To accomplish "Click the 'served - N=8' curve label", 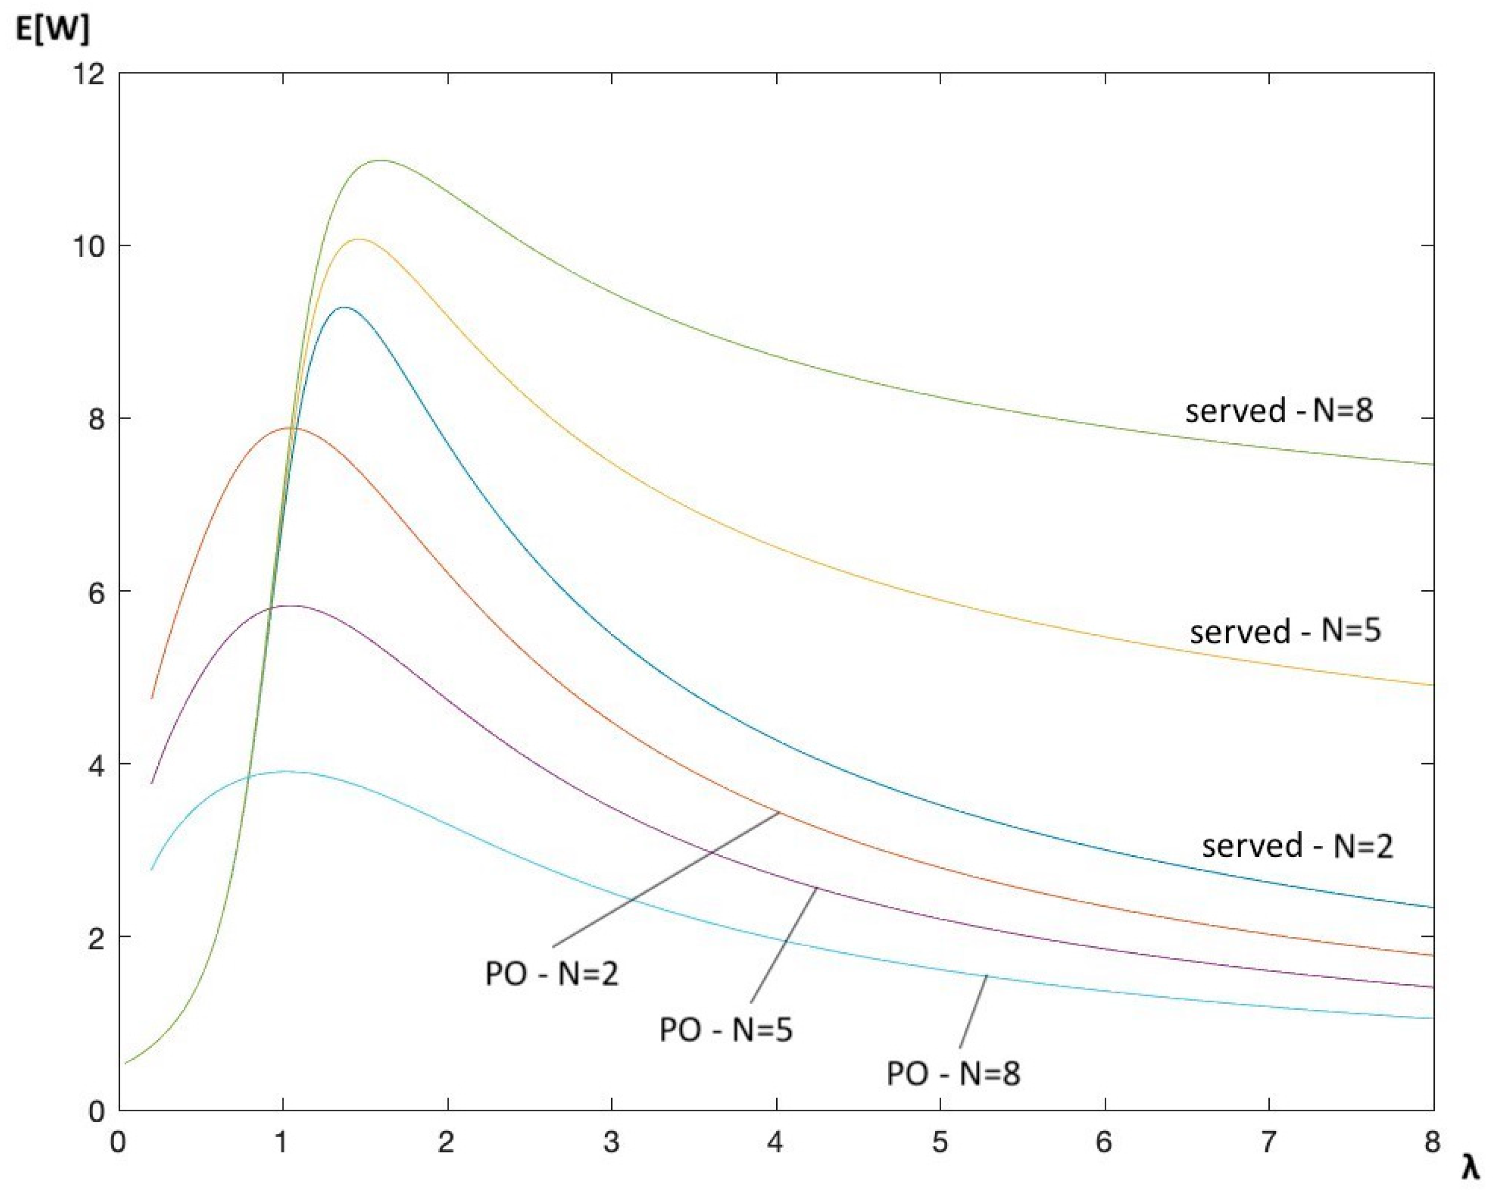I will (x=1279, y=411).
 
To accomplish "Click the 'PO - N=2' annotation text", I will (x=551, y=974).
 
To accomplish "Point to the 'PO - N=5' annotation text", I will (x=726, y=1030).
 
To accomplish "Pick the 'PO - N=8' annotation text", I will (x=953, y=1074).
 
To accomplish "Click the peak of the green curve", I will (x=382, y=161).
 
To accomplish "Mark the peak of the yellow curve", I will (x=359, y=239).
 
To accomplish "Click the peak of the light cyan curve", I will (x=284, y=771).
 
